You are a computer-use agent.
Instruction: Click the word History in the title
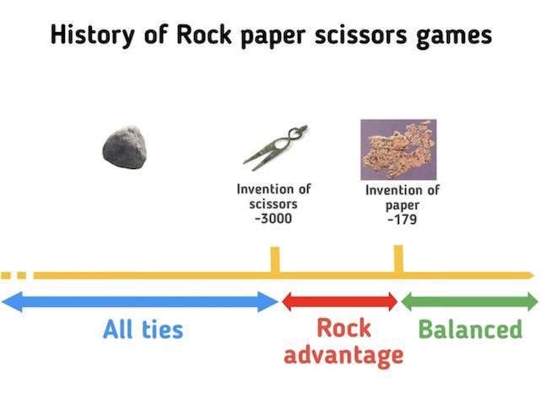point(92,35)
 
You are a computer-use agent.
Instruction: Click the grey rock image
point(124,148)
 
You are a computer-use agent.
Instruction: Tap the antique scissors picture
point(275,148)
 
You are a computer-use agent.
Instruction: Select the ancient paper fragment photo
point(398,150)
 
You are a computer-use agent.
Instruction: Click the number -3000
point(273,218)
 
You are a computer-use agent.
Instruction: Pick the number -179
point(402,220)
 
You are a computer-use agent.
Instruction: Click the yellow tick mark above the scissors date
point(275,260)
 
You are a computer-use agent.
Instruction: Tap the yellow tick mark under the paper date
point(398,259)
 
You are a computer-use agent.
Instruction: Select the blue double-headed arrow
point(140,302)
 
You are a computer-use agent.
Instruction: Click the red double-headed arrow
point(340,302)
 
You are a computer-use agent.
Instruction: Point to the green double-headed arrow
point(470,302)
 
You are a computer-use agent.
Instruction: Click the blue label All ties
point(143,329)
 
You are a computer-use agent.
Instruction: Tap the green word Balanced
point(471,329)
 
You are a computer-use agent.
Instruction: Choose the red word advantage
point(343,355)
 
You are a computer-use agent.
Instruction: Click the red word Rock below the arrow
point(343,328)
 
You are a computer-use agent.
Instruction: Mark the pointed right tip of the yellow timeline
point(533,276)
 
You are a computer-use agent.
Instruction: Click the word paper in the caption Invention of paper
point(402,205)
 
